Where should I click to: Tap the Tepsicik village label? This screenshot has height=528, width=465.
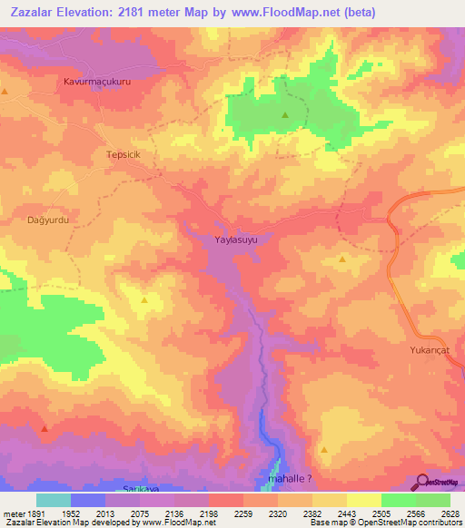[125, 154]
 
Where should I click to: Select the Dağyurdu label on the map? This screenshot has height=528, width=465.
[48, 220]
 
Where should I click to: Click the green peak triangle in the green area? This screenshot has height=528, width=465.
[284, 115]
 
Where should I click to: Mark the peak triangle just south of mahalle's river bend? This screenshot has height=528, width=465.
[324, 448]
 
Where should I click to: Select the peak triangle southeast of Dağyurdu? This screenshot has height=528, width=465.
[145, 299]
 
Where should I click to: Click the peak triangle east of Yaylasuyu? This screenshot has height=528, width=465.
[342, 259]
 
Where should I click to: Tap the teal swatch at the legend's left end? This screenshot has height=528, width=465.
[53, 500]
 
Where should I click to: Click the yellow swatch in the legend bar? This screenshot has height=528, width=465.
[363, 500]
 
